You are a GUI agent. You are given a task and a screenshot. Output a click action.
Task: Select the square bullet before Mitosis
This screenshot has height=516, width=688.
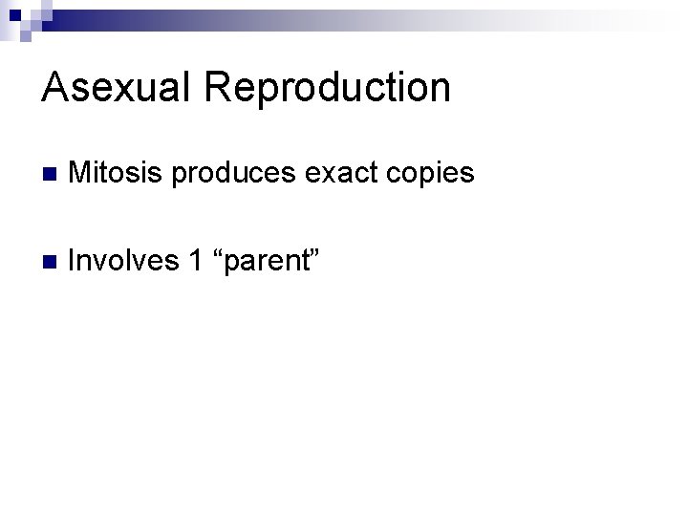(51, 175)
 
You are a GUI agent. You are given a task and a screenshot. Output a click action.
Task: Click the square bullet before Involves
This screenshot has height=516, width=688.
(51, 261)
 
